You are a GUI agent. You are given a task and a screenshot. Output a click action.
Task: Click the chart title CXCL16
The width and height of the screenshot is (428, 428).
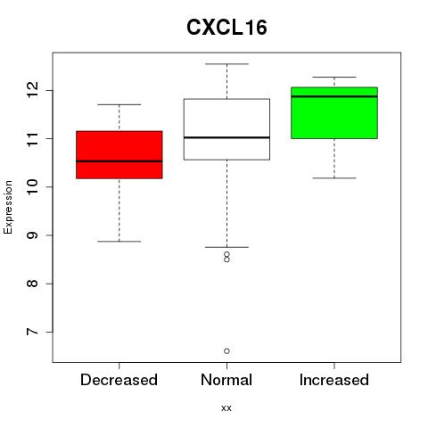coord(226,28)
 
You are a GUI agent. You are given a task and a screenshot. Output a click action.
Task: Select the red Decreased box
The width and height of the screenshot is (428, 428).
coord(119,154)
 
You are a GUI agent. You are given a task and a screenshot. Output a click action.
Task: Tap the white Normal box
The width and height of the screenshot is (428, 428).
coord(226,129)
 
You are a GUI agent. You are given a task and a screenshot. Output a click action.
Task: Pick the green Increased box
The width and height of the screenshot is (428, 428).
coord(334,112)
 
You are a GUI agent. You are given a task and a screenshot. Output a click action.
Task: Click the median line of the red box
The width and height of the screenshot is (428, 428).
coord(119,161)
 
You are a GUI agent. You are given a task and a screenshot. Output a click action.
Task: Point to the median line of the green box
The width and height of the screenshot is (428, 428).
coord(334,96)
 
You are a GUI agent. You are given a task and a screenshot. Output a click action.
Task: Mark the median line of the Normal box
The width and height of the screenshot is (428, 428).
coord(226,137)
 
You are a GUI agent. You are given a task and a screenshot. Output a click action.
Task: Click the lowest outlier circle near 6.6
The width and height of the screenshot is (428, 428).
coord(226,351)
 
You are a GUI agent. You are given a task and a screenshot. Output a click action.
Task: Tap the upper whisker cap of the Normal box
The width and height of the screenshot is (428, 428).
coord(226,64)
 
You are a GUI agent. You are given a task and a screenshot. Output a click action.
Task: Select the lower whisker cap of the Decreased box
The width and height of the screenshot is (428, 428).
coord(119,242)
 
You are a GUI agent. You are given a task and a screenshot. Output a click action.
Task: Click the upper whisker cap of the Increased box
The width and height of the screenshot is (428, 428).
coord(334,78)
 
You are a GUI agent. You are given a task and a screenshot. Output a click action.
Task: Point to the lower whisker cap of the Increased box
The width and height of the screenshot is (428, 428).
coord(334,178)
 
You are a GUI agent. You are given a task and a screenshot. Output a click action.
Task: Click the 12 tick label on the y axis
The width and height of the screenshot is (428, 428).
coord(32,90)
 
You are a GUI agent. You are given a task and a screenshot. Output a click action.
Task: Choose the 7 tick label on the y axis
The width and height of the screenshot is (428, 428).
coord(32,332)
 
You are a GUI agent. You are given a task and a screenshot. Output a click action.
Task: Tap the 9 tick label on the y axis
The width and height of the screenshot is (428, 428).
coord(32,235)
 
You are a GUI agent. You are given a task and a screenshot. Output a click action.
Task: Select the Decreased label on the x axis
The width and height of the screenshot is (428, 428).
coord(119,380)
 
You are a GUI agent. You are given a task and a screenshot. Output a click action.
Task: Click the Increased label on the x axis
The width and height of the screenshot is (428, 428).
coord(334,380)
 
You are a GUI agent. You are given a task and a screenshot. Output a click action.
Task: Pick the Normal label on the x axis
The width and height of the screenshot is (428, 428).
coord(226,380)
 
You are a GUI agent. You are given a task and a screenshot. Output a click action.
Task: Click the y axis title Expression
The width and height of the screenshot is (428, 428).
coord(8,207)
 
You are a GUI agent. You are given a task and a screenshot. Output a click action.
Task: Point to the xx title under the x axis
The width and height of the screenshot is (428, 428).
coord(226,407)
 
